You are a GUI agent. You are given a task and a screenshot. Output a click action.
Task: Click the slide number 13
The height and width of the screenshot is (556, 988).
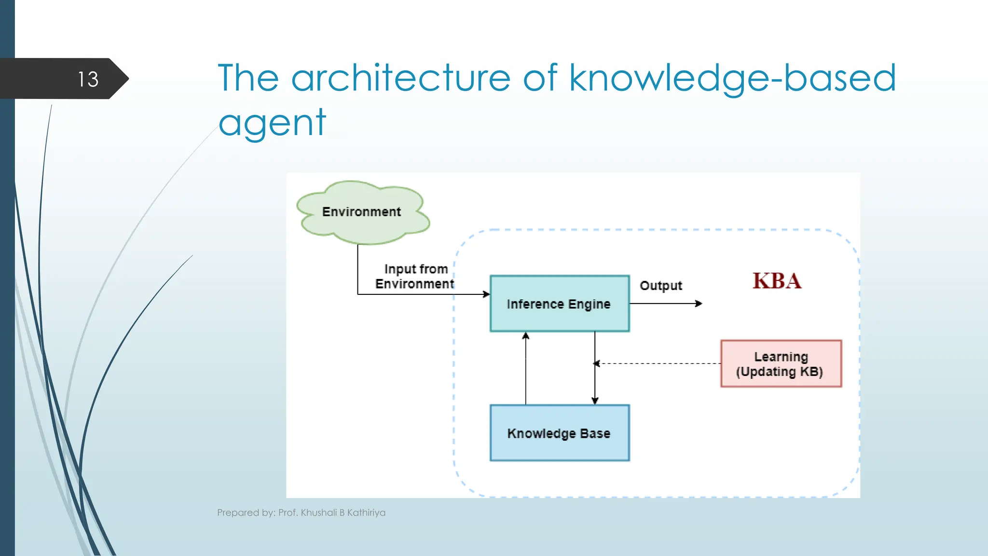[88, 79]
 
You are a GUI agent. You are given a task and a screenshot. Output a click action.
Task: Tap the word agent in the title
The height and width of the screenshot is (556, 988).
[272, 123]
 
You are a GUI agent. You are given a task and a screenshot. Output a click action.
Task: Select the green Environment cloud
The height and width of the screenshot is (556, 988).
[362, 212]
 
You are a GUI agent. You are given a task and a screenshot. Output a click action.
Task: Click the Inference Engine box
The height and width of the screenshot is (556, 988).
[559, 304]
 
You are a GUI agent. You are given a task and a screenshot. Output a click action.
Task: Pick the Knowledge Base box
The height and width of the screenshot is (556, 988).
[559, 433]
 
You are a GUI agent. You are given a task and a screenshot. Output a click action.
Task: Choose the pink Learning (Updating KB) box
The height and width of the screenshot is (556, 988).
[781, 364]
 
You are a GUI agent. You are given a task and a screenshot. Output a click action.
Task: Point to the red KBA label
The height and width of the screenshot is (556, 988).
[777, 281]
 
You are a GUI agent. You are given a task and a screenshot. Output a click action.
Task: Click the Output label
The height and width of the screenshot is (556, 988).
[660, 286]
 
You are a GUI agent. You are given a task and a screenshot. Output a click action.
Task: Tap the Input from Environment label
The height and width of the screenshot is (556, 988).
[415, 277]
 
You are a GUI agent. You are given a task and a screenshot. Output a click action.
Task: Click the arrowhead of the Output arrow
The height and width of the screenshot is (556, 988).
[699, 304]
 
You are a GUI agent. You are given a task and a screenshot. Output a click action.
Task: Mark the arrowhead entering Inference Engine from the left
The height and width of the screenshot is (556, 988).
[486, 294]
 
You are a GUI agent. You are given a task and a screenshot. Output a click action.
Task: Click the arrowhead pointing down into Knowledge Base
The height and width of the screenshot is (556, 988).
[595, 401]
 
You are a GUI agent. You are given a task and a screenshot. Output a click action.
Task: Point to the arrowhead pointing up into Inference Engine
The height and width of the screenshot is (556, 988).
[526, 335]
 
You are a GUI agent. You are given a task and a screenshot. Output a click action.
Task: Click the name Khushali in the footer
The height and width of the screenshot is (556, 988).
[318, 513]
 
